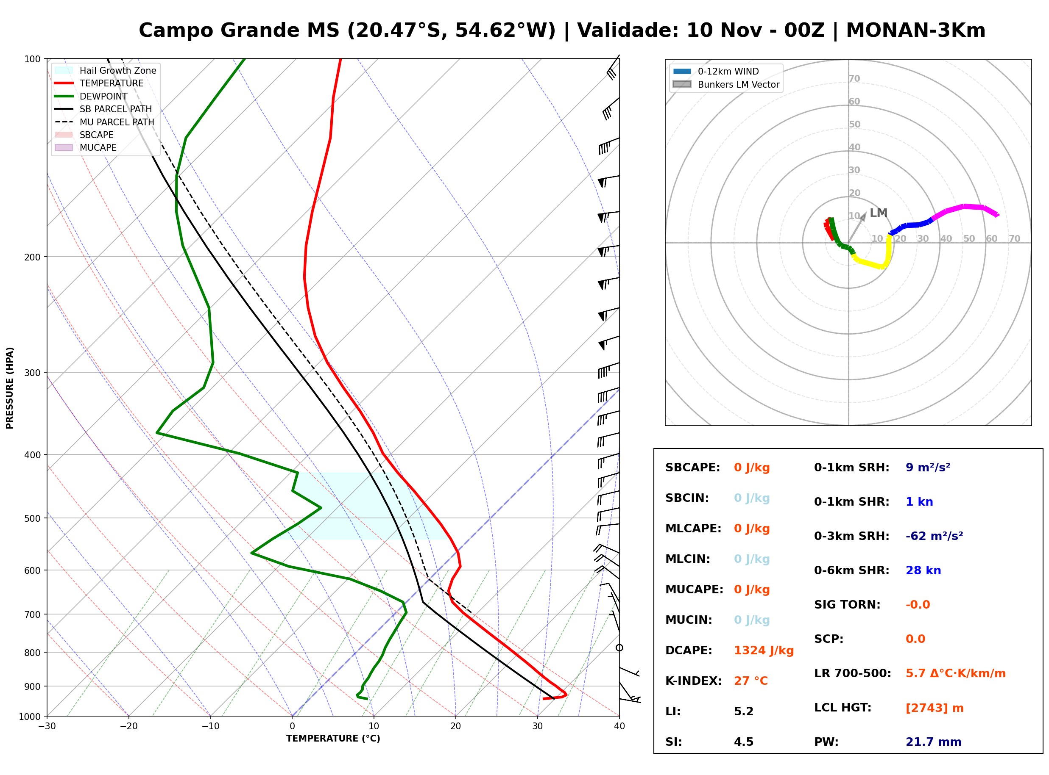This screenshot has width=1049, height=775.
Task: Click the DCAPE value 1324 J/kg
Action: tap(764, 650)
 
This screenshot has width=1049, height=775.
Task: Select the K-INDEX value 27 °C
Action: tap(751, 681)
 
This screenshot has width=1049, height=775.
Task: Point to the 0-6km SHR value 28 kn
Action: tap(923, 570)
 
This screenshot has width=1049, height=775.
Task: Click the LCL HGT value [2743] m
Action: tap(935, 708)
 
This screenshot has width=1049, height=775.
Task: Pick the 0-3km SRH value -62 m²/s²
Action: tap(934, 536)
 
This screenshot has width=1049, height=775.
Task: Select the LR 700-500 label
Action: tap(852, 673)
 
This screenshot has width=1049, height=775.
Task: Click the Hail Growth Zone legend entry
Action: tap(106, 70)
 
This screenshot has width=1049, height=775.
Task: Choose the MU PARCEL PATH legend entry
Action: tap(105, 122)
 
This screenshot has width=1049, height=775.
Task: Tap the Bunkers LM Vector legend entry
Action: tap(726, 84)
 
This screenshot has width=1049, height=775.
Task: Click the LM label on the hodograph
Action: tap(878, 213)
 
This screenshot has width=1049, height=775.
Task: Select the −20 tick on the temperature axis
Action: tap(128, 726)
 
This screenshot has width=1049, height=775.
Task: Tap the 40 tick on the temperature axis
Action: tap(619, 726)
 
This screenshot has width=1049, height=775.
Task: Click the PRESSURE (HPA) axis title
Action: tap(10, 388)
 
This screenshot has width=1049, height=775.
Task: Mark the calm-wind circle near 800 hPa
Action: tap(619, 648)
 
